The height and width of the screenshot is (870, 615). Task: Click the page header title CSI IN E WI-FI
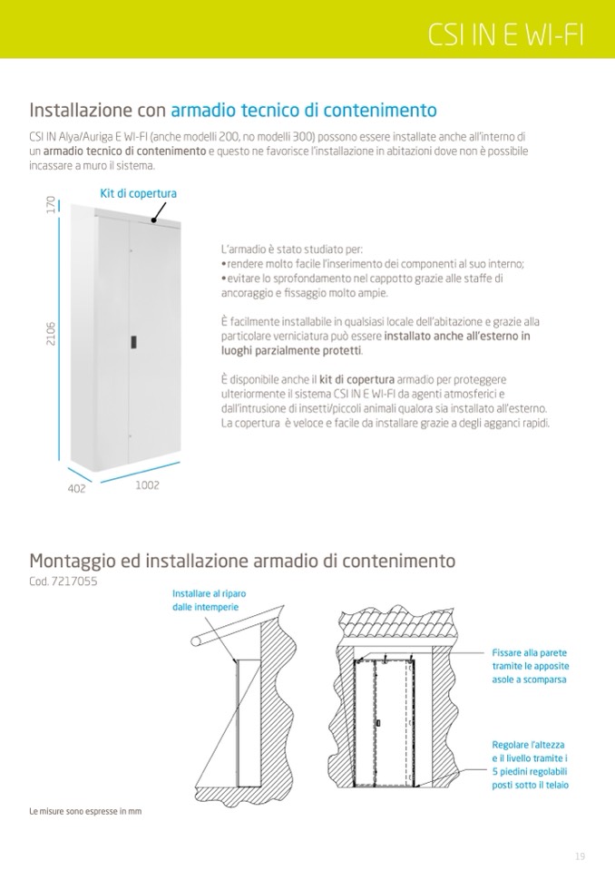point(506,34)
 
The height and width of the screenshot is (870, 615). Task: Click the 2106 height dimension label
point(51,339)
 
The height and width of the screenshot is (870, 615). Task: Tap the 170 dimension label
point(51,205)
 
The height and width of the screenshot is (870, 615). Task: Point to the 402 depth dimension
point(76,488)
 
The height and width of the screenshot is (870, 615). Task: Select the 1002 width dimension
point(147,485)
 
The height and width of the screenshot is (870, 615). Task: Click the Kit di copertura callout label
point(138,193)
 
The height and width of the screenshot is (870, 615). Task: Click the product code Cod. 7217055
point(63,581)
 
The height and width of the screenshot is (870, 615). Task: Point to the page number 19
point(580,856)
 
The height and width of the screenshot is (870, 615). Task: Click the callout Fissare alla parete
point(530,666)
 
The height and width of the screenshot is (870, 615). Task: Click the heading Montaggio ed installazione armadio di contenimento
point(242,561)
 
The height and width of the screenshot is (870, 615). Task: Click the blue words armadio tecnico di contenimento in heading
point(303,111)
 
